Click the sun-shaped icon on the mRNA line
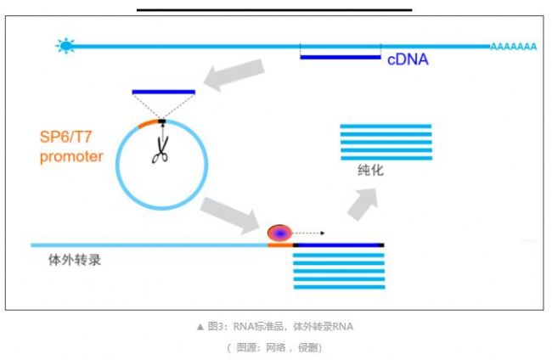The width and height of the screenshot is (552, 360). coord(65,46)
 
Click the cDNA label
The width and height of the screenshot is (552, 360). coord(408,60)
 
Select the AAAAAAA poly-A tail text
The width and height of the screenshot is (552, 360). coord(515,47)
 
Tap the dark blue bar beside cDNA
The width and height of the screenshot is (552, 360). coord(340,58)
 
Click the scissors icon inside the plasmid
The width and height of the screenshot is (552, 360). coord(160,151)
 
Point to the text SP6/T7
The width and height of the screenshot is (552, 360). coord(70,137)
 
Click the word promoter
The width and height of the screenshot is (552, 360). coord(71,156)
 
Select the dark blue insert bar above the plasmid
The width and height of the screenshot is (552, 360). coord(164,92)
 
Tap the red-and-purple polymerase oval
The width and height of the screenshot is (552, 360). coord(279,233)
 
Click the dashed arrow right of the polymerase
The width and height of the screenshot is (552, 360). coord(309,232)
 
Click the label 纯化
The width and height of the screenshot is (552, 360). coord(371,170)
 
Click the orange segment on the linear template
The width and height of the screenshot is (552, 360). coord(279,245)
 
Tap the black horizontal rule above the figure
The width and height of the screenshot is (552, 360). coord(274,10)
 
